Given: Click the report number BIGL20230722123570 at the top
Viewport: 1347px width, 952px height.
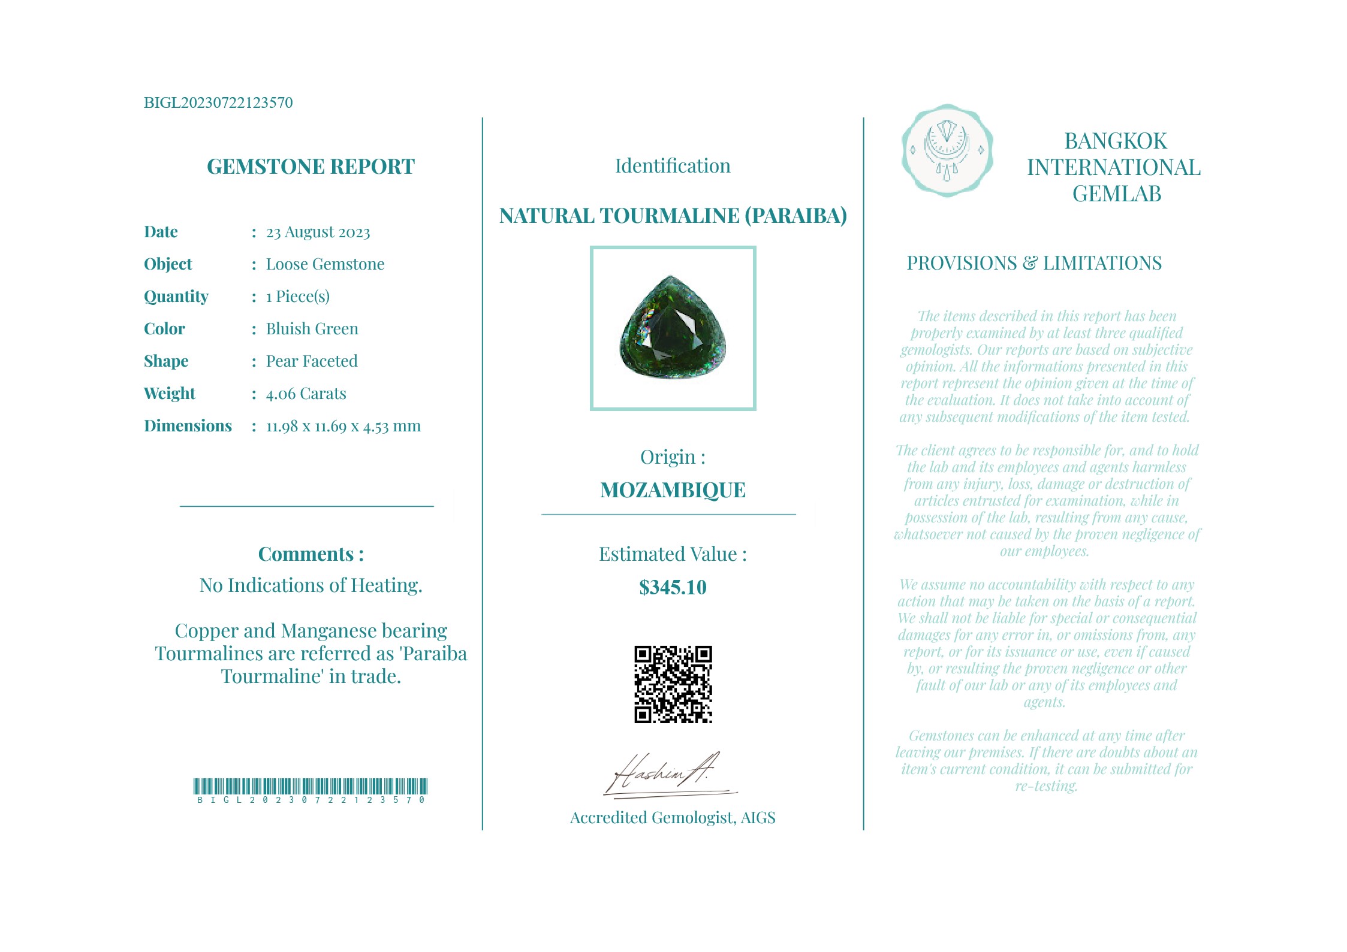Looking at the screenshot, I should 218,103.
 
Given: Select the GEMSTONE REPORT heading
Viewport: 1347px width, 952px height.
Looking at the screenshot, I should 311,167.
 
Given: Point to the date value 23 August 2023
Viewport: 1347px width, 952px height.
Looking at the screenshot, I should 318,232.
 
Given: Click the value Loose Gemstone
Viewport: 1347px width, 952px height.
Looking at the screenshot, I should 325,264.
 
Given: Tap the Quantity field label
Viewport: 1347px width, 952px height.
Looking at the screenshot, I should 176,297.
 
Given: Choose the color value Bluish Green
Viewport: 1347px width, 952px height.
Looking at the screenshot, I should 312,329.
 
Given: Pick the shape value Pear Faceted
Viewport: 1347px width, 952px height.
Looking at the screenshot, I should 312,361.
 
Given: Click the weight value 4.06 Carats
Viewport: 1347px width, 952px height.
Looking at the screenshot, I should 306,394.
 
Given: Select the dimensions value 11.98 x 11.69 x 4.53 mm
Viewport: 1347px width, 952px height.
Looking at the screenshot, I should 343,426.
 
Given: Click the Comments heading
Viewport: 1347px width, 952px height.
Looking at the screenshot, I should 311,554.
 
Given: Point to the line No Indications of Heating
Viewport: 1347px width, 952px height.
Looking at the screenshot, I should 311,585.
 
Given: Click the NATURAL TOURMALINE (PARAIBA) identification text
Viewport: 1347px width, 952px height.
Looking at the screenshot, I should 673,216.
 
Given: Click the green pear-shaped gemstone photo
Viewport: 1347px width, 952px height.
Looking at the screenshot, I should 673,328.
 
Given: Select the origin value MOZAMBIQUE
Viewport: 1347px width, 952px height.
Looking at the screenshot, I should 673,490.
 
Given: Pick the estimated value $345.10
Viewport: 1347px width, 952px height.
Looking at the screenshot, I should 673,587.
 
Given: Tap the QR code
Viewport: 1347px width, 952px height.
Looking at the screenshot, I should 673,684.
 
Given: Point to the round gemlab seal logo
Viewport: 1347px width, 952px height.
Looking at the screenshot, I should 947,151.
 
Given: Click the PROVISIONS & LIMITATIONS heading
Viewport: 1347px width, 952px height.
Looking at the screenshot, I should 1034,264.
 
